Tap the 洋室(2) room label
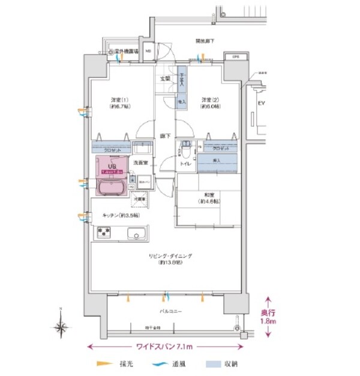click(x=208, y=100)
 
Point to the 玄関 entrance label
click(x=164, y=79)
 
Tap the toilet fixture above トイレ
click(x=186, y=145)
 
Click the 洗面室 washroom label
click(x=140, y=163)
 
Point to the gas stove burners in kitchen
click(x=104, y=232)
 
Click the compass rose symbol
click(x=60, y=327)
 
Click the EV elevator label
click(x=261, y=103)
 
